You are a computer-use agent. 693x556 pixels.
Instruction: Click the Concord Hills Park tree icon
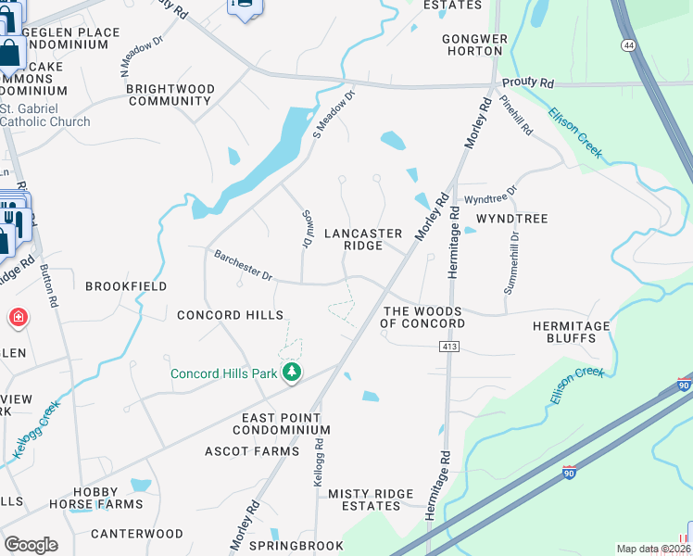(293, 373)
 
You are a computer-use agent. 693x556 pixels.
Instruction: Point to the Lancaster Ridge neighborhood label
(363, 240)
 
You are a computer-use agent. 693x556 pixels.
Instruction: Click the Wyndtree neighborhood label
(511, 219)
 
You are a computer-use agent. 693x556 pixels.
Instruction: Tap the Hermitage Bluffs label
(571, 334)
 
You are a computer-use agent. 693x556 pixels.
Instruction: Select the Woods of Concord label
(422, 317)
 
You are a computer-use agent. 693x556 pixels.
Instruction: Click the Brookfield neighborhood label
(126, 286)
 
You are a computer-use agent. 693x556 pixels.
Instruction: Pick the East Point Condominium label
(282, 424)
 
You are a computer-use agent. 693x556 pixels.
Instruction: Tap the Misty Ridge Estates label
(363, 499)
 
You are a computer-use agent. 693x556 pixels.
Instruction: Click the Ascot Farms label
(252, 451)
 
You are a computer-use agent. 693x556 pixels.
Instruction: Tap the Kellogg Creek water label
(36, 429)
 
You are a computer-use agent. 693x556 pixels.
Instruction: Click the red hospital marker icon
(17, 320)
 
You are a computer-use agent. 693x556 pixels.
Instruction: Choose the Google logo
(31, 544)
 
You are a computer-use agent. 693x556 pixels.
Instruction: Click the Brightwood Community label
(170, 95)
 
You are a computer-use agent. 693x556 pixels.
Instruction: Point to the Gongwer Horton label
(474, 44)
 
